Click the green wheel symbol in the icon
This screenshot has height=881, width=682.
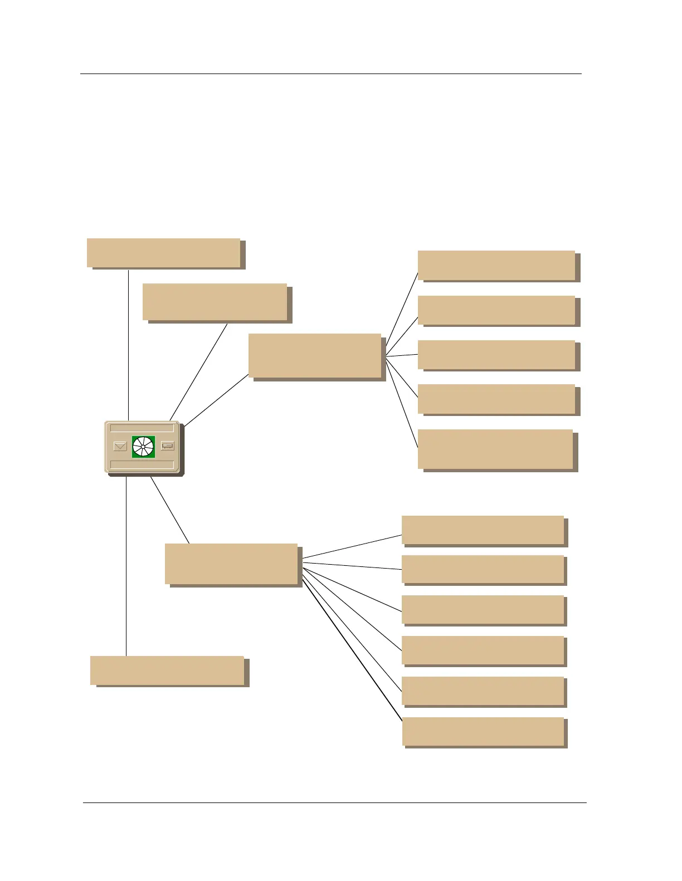pos(143,447)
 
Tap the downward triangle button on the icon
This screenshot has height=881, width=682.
pos(120,446)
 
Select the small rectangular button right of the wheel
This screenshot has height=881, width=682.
pos(167,446)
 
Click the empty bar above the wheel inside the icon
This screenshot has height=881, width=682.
pos(142,428)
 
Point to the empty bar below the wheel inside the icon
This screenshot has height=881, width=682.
pos(142,464)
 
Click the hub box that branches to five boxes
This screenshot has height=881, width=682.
pos(315,355)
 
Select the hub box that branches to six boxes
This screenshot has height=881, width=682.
pos(231,564)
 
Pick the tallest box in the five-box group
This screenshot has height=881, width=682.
pos(495,449)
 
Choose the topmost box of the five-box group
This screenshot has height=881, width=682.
pos(496,265)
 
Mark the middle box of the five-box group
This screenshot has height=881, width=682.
pos(496,355)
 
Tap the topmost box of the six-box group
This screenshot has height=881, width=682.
pos(483,530)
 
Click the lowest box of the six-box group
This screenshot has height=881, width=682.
pos(483,731)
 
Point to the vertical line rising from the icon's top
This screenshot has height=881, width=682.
pos(129,345)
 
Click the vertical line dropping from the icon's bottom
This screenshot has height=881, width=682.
pos(126,565)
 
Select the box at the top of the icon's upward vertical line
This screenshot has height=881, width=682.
pos(163,253)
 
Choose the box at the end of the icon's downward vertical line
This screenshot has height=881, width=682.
pos(167,670)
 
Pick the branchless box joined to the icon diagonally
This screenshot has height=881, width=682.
pos(215,302)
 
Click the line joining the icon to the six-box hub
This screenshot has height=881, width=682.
pos(170,510)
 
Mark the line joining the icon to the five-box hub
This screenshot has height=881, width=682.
pos(217,400)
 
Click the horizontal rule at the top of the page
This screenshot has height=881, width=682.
pos(331,74)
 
